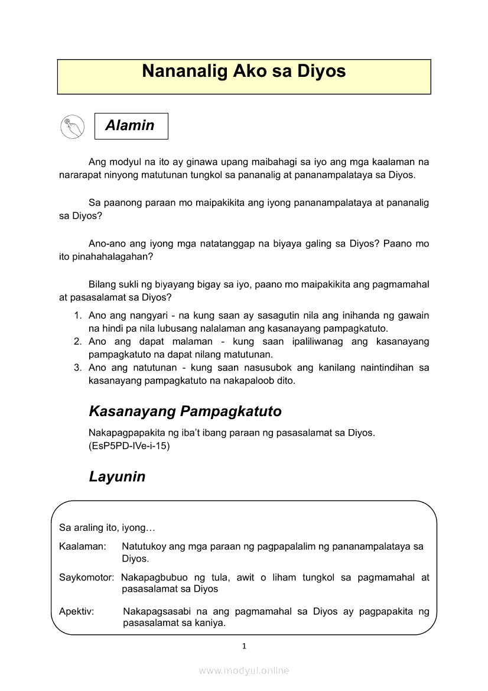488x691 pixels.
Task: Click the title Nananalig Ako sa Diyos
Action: point(243,72)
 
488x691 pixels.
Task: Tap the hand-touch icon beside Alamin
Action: point(72,126)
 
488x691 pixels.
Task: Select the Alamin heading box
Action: point(131,126)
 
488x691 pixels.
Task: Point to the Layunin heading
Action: point(117,477)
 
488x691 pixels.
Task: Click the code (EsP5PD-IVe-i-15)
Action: point(129,446)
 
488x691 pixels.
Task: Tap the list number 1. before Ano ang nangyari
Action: point(77,316)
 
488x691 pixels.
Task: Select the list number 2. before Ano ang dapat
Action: point(77,342)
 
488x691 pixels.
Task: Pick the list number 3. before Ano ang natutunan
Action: point(77,368)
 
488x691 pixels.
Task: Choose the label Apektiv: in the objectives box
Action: point(76,612)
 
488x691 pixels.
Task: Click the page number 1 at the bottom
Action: point(244,646)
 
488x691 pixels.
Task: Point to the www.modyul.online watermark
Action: point(244,670)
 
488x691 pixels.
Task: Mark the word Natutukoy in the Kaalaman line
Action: point(144,547)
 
